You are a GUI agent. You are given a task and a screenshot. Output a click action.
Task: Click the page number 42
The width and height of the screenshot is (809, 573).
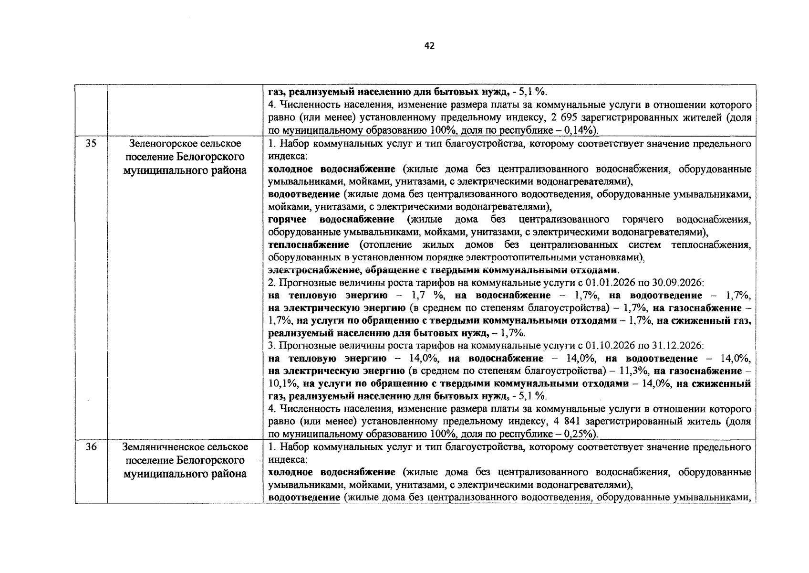[429, 46]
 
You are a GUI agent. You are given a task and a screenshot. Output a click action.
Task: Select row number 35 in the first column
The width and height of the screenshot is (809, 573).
[91, 144]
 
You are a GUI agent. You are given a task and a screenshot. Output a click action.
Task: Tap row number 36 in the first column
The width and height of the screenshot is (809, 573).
[91, 447]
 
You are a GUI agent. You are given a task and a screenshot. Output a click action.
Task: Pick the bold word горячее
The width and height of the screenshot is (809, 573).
[287, 220]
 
